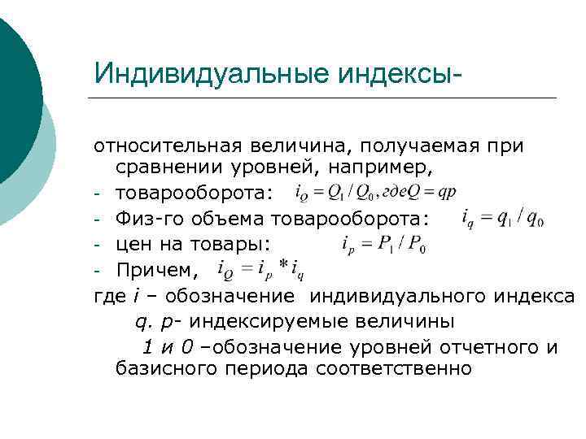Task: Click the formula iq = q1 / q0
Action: [503, 219]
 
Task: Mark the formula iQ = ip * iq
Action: [260, 268]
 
